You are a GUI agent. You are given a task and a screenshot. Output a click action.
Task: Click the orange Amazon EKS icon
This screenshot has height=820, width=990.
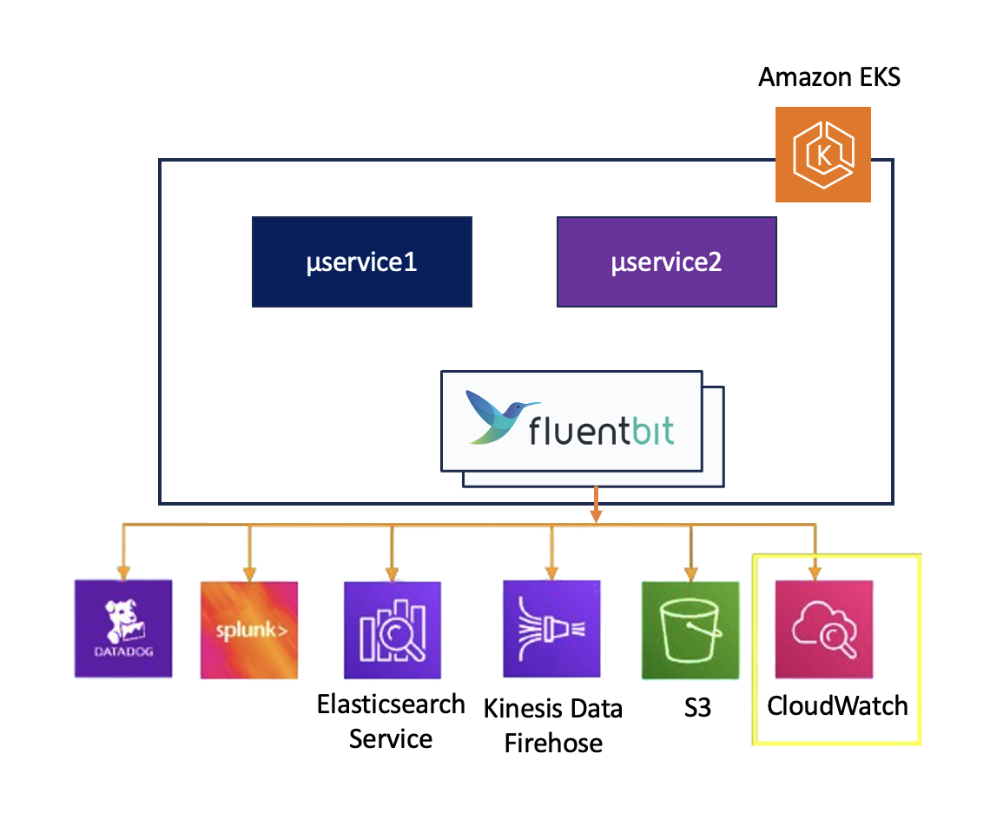coord(822,155)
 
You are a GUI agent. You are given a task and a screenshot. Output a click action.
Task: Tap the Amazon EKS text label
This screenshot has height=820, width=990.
coord(828,77)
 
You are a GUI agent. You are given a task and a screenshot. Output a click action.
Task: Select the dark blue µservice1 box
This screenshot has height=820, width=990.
coord(361,262)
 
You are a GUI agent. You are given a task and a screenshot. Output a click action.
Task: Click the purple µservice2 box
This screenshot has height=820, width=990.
coord(666,262)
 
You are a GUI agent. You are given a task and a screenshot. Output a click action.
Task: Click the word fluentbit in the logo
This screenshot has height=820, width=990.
coord(601,431)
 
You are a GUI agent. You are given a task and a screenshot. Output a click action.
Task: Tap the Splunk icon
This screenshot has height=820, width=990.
coord(250,630)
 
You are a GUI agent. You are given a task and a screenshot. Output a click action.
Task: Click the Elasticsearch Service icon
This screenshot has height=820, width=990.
coord(393,630)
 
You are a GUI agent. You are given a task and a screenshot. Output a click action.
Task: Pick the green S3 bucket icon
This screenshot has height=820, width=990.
coord(690,630)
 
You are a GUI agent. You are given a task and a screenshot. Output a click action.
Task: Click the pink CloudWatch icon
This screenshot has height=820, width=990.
coord(823,630)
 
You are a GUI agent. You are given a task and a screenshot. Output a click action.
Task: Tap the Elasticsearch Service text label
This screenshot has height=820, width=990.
coord(391,721)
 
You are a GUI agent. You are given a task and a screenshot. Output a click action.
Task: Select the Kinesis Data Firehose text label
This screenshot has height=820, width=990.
coord(553,725)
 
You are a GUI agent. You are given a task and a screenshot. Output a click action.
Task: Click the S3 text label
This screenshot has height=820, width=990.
coord(697,708)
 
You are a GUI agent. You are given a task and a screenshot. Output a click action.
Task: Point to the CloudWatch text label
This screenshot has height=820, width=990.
coord(837,704)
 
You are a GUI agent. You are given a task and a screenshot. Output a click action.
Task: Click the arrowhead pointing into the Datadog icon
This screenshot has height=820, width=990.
coord(123,573)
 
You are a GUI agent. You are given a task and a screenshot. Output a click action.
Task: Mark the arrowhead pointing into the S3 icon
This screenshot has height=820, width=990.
coord(690,573)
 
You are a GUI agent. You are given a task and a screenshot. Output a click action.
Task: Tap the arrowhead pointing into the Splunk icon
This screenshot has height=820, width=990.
coord(250,573)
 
